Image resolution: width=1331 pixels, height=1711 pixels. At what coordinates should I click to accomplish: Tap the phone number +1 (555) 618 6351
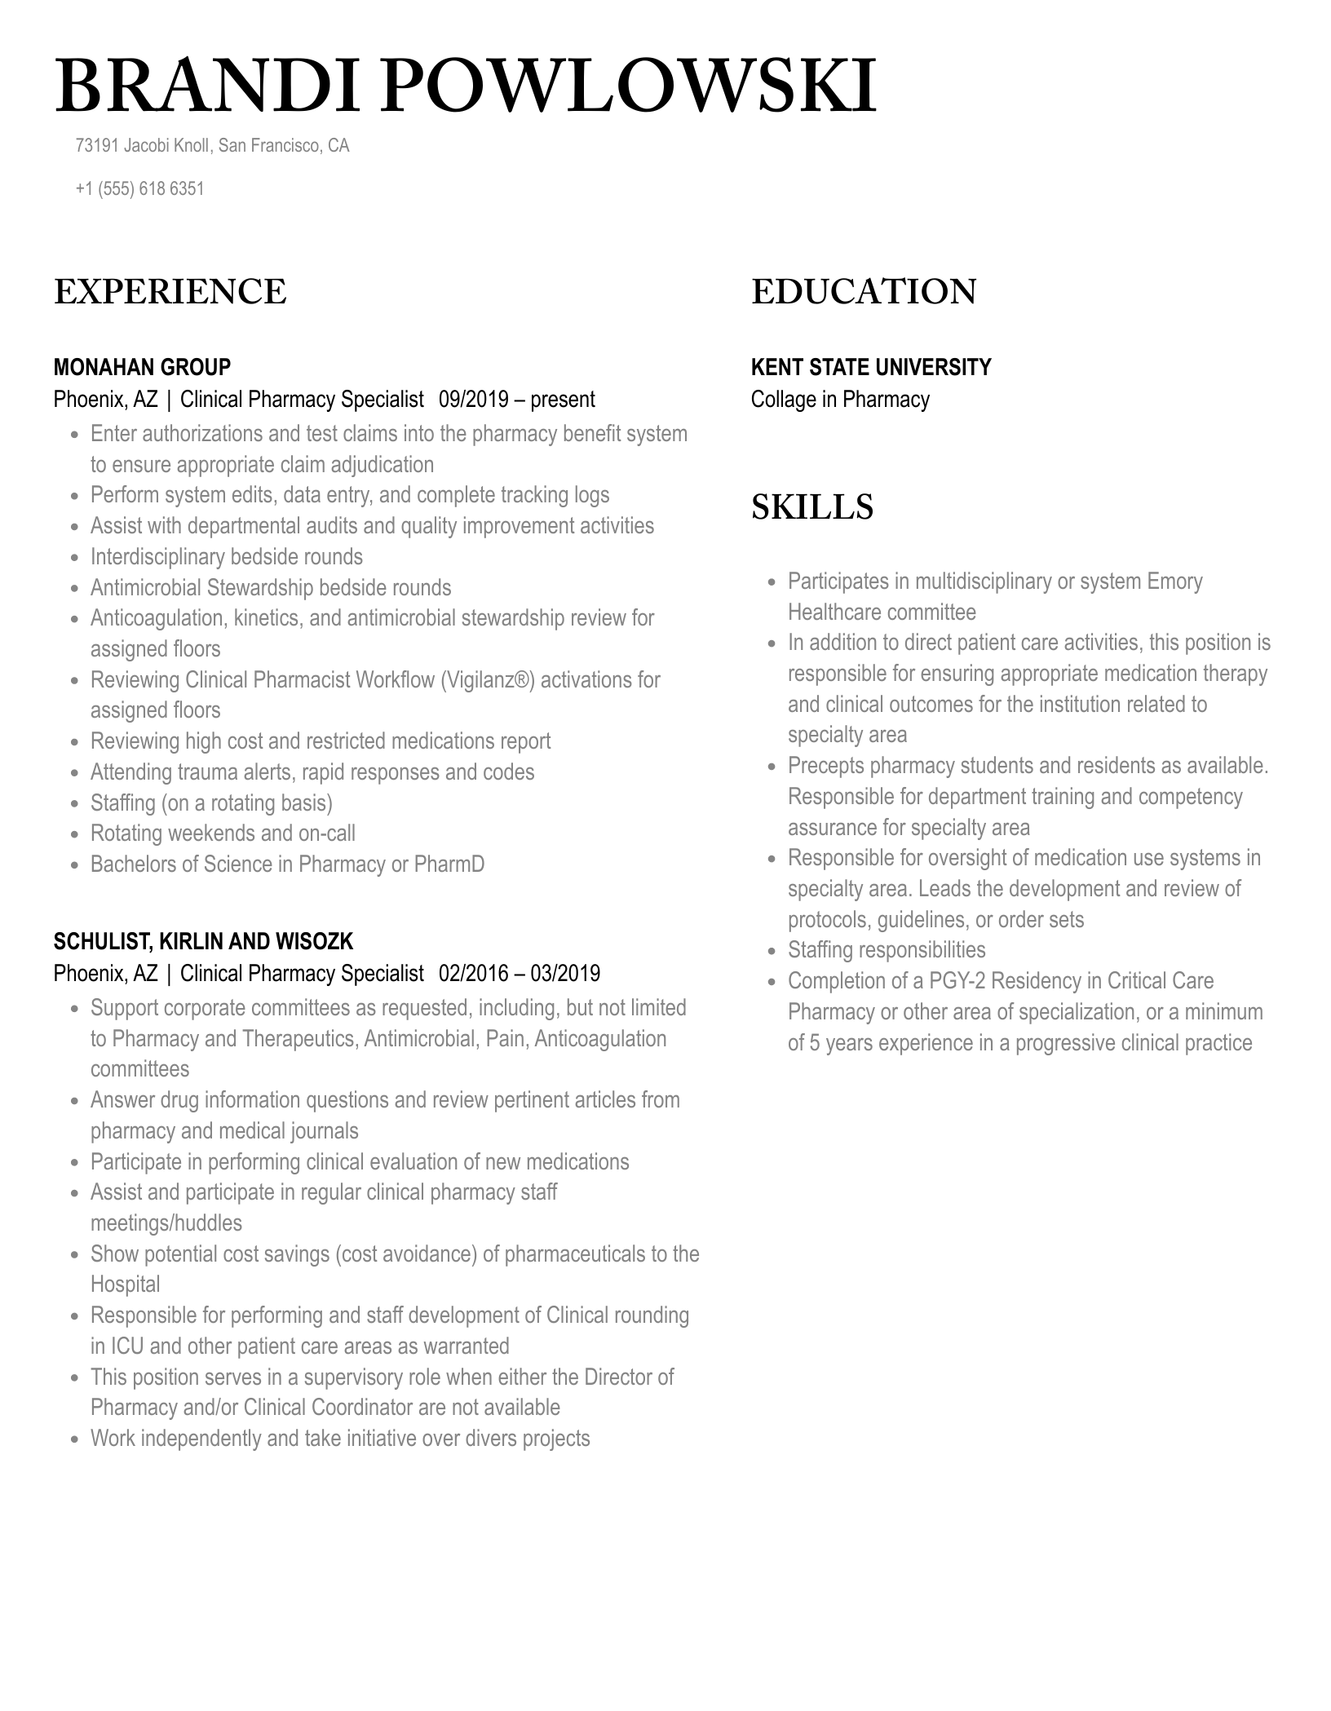point(139,189)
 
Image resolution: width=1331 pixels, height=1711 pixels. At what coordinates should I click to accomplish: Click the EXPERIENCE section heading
point(170,292)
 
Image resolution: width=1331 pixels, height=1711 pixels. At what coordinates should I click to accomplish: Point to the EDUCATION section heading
point(864,292)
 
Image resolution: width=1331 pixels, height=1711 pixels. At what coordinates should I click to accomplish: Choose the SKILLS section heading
point(811,507)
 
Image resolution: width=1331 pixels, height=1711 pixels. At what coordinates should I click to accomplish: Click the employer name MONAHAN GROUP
point(142,367)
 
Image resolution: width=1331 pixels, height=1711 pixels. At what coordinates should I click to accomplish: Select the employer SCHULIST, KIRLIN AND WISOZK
point(203,942)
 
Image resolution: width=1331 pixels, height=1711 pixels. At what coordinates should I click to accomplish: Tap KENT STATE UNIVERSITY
point(871,367)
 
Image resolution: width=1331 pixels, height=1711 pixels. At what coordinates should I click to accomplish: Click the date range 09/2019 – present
point(517,400)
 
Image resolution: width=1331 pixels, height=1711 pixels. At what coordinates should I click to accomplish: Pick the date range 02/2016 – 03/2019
point(520,974)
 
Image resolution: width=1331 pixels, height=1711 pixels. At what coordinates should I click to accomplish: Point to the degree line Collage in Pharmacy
point(840,400)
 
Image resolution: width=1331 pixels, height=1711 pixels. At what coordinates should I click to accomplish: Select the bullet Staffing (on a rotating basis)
point(211,803)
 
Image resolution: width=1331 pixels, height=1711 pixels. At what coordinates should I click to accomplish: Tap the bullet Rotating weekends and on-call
point(223,833)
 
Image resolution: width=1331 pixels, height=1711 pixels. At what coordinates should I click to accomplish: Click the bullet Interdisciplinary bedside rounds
point(226,557)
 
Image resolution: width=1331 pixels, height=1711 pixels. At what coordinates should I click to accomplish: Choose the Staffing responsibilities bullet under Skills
point(886,950)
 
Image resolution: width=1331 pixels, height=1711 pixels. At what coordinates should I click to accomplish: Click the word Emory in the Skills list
point(1174,581)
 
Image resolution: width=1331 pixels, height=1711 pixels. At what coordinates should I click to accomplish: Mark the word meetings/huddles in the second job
point(166,1223)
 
